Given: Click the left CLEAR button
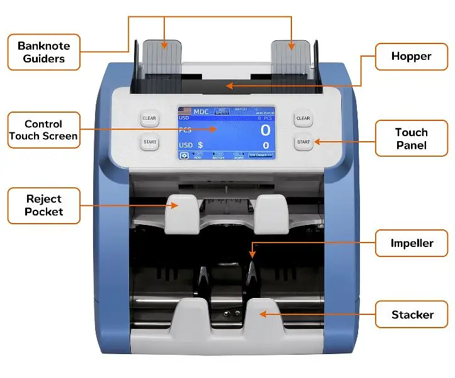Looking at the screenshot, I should pyautogui.click(x=149, y=118).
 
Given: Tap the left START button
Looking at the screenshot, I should pyautogui.click(x=149, y=142).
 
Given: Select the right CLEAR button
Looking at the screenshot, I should pyautogui.click(x=303, y=118).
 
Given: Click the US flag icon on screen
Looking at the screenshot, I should pyautogui.click(x=185, y=111).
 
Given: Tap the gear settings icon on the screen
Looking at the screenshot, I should pyautogui.click(x=184, y=155).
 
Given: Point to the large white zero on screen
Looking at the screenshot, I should pyautogui.click(x=266, y=130).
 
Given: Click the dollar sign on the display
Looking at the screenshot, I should pyautogui.click(x=200, y=145).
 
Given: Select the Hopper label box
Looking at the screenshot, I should pyautogui.click(x=411, y=57).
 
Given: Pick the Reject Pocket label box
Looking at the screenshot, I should pyautogui.click(x=44, y=205).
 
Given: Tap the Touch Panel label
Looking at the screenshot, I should pyautogui.click(x=411, y=139).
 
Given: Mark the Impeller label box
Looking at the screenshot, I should pyautogui.click(x=412, y=243).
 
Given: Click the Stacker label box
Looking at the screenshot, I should pyautogui.click(x=412, y=314).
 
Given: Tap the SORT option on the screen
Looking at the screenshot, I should pyautogui.click(x=239, y=155).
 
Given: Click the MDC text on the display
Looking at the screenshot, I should pyautogui.click(x=201, y=112).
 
